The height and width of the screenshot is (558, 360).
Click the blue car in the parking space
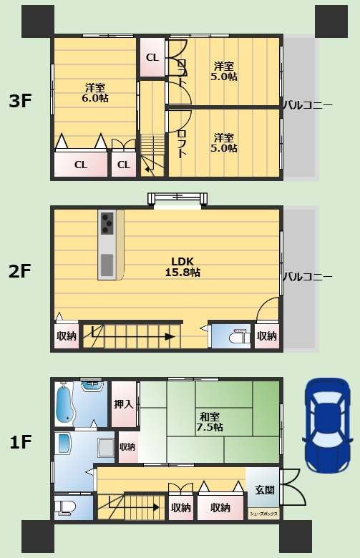(x=328, y=426)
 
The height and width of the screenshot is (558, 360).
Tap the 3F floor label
(x=20, y=102)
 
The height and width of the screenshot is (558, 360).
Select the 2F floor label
(x=20, y=271)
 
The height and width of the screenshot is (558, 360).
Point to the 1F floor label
(x=20, y=442)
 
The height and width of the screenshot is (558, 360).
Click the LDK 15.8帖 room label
(x=183, y=267)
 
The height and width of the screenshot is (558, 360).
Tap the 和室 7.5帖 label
(x=210, y=421)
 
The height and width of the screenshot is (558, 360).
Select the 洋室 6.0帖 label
(x=94, y=92)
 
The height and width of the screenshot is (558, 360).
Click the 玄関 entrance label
(x=265, y=490)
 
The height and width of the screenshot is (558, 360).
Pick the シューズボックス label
(x=263, y=514)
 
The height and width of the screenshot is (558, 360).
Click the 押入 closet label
(x=124, y=404)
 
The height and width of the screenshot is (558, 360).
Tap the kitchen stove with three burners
(x=107, y=223)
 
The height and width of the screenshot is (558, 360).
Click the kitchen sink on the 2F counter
(x=107, y=265)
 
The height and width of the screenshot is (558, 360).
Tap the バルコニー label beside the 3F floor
(x=308, y=105)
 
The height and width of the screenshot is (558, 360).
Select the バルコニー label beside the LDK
(x=308, y=277)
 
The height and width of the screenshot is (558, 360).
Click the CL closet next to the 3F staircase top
(x=124, y=165)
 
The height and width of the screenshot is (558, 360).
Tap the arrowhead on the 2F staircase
(x=170, y=337)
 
